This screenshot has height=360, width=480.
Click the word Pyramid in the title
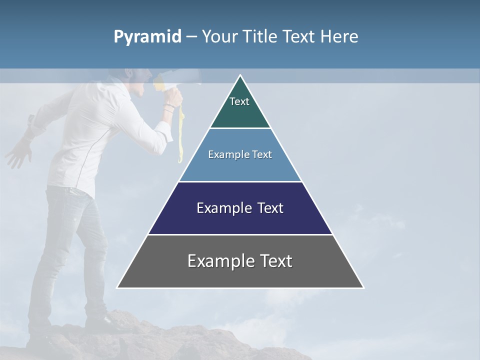(x=147, y=37)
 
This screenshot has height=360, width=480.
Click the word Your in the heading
(x=219, y=36)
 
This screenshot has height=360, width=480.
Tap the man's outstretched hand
(x=18, y=153)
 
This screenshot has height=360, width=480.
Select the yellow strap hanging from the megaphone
(x=181, y=135)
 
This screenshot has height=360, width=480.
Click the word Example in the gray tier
(x=218, y=261)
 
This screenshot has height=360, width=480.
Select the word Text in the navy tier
(x=268, y=208)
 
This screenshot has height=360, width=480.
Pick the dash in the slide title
(x=191, y=37)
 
